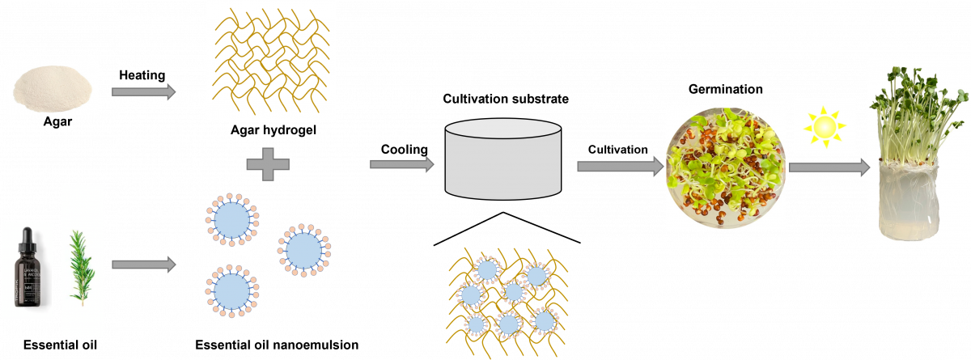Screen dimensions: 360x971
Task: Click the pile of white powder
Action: [53, 87]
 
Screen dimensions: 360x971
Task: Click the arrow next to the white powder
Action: [143, 91]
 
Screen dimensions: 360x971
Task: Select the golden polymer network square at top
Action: [270, 61]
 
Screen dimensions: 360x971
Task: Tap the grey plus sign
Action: [268, 164]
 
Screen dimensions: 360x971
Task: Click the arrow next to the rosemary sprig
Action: [143, 265]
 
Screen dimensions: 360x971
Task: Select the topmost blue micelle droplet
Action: [231, 219]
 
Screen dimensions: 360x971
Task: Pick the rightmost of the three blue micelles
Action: [303, 250]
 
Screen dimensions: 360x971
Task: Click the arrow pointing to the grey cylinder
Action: [401, 164]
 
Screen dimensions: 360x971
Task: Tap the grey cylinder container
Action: [503, 159]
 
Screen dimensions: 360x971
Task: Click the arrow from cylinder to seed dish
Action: [619, 167]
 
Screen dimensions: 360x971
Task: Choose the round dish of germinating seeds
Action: [725, 168]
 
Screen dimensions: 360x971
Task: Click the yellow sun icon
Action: [825, 126]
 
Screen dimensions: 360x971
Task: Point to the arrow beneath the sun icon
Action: [828, 167]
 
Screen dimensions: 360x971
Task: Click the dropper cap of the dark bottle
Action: [27, 237]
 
